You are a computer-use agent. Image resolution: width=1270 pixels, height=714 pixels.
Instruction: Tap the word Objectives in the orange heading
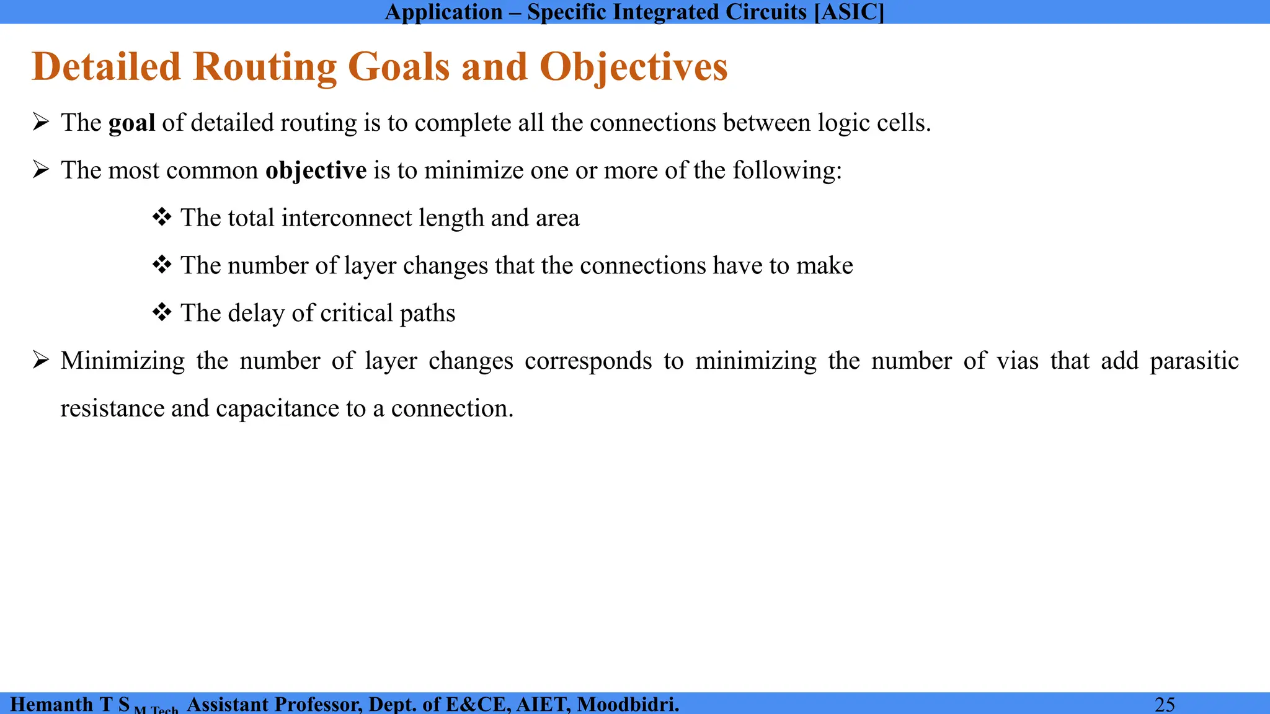click(x=633, y=67)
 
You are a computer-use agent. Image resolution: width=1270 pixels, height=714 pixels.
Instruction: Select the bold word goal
click(x=131, y=123)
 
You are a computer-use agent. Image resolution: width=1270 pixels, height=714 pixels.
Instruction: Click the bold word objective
click(x=316, y=170)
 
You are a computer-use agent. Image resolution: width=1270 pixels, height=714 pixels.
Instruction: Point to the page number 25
click(x=1165, y=704)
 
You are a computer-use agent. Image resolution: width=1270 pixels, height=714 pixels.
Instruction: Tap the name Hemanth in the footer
click(x=51, y=704)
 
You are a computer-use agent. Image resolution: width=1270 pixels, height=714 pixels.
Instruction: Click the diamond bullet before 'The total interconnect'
click(x=162, y=218)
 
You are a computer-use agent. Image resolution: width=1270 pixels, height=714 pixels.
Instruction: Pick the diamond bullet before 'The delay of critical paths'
click(x=162, y=313)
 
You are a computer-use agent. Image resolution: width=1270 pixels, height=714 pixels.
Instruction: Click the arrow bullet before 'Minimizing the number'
click(x=41, y=360)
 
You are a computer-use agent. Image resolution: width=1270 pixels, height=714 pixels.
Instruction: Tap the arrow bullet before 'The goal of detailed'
click(x=41, y=123)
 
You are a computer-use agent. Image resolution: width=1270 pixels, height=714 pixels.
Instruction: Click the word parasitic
click(x=1194, y=361)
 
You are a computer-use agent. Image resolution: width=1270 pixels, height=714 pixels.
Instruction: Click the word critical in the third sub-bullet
click(x=356, y=313)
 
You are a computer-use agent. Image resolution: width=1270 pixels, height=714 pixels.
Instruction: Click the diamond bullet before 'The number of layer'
click(x=162, y=265)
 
